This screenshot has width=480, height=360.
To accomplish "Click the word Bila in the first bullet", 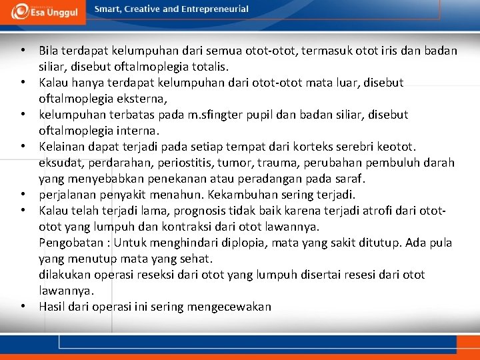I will tap(49, 51).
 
